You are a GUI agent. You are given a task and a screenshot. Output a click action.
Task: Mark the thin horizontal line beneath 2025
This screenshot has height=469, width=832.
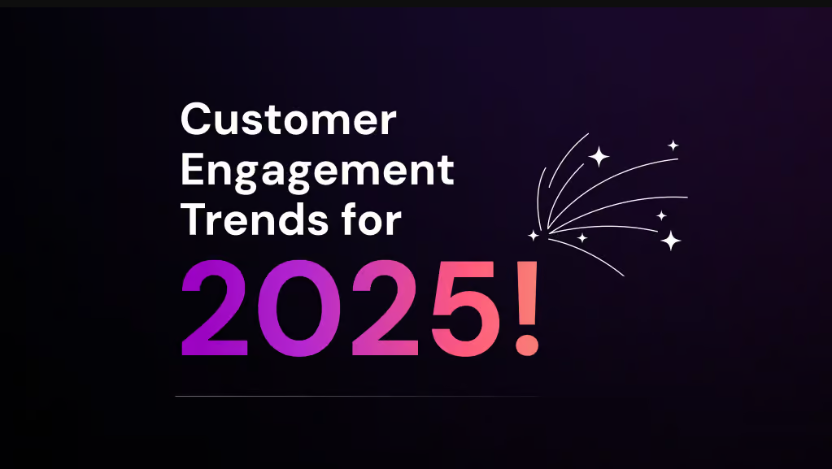coord(356,397)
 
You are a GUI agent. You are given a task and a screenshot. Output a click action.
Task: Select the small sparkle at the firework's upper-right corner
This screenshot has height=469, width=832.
coord(673,145)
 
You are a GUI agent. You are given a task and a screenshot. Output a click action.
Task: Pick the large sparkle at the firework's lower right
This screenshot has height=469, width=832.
coord(671,240)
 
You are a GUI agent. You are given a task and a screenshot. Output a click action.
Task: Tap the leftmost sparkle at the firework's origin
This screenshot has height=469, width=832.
coord(534,236)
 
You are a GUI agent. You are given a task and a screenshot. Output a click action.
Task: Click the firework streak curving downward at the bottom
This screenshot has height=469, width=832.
coord(602,260)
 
